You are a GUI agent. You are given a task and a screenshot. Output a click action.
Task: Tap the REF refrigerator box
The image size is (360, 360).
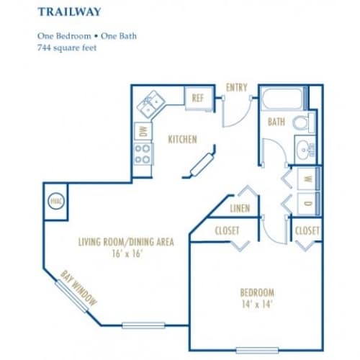click(197, 99)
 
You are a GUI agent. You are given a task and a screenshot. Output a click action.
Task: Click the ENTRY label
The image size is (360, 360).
click(236, 87)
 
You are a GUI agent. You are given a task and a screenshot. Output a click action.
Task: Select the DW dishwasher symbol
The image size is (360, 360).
click(143, 131)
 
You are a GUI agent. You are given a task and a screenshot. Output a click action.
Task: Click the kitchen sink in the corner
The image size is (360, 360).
click(151, 105)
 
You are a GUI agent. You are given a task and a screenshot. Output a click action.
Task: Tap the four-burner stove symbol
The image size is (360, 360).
click(143, 153)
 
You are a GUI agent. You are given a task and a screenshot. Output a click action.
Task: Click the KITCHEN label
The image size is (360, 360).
click(183, 139)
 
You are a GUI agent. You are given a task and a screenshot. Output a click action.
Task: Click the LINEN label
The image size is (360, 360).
click(240, 208)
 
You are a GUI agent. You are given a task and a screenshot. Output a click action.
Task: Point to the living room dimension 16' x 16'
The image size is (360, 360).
click(125, 254)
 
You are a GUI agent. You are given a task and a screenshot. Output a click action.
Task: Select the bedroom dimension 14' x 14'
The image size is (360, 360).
click(257, 305)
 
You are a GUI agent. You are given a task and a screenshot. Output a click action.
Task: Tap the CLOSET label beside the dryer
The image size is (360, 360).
click(307, 230)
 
